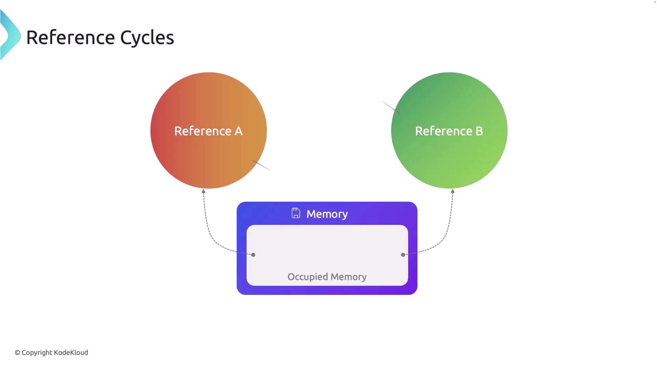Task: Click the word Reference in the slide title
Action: pos(70,38)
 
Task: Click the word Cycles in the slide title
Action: pos(147,38)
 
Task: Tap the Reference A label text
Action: pos(208,131)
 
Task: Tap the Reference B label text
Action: pos(449,131)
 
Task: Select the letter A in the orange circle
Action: pos(239,131)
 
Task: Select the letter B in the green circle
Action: pos(479,131)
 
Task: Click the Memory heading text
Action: pos(327,214)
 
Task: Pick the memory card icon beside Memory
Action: pos(296,213)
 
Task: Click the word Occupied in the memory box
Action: pos(308,277)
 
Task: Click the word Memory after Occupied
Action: pos(348,277)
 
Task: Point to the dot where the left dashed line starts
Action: pos(253,255)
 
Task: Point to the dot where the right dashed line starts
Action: pos(403,255)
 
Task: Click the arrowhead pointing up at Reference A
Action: pos(204,191)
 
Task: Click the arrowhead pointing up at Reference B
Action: pos(453,191)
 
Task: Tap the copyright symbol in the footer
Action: pos(17,353)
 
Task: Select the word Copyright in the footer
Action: pos(37,353)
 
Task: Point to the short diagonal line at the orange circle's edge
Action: pos(262,165)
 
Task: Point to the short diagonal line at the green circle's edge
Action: pos(391,107)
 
